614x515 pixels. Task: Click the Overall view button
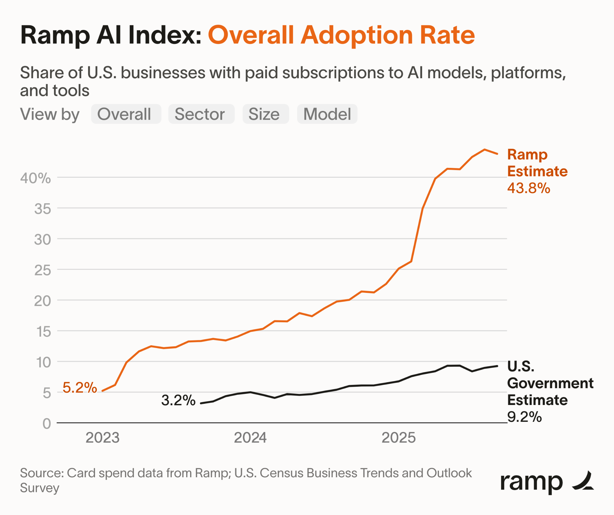[x=126, y=114]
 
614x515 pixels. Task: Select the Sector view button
[x=201, y=114]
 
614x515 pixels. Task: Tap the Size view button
[x=266, y=114]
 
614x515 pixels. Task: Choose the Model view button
[x=327, y=114]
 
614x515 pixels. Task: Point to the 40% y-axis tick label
[x=35, y=178]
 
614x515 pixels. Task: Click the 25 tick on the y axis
[x=43, y=270]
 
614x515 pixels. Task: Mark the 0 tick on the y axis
[x=47, y=424]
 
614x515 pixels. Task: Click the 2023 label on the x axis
[x=103, y=438]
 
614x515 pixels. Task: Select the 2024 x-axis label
[x=250, y=438]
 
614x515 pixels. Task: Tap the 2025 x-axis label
[x=398, y=438]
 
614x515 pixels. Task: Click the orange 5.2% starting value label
[x=80, y=387]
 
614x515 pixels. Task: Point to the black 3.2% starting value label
[x=178, y=400]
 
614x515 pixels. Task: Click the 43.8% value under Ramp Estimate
[x=529, y=188]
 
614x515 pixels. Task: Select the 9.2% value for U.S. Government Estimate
[x=524, y=417]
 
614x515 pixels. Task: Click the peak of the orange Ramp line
[x=484, y=149]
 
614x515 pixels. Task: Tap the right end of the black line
[x=497, y=366]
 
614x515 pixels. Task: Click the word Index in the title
[x=165, y=35]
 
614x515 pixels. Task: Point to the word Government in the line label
[x=550, y=383]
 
